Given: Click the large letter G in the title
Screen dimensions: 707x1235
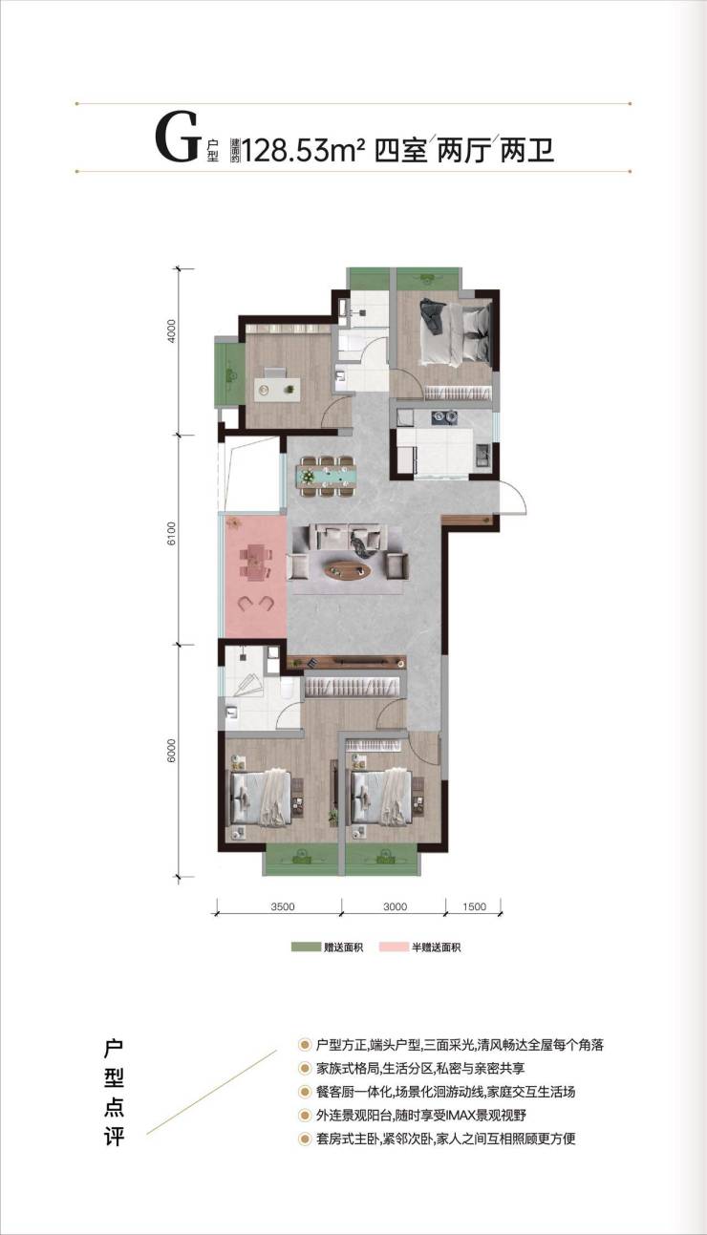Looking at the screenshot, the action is click(177, 137).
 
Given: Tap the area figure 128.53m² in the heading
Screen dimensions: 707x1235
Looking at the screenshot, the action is click(304, 150).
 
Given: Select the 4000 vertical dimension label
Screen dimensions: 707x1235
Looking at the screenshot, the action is click(172, 330).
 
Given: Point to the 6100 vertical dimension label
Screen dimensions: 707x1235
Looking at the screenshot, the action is click(172, 534).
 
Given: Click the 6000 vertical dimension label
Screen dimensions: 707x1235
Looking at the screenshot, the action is click(172, 751).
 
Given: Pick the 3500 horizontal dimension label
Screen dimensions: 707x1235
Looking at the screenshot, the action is click(283, 906).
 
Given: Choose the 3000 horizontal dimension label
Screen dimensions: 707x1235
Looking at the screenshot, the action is click(395, 906).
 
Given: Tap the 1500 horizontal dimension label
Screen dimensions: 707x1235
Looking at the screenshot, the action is click(474, 906).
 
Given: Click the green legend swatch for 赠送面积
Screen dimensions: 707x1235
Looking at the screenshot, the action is click(306, 948).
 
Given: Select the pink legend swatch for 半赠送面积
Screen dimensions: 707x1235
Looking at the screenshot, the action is click(394, 948).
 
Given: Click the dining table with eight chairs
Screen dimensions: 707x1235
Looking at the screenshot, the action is click(327, 476).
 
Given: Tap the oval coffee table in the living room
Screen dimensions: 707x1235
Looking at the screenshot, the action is click(348, 570).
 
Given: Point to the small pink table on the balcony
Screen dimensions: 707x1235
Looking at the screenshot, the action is click(255, 563).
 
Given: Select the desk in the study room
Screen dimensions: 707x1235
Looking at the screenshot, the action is click(277, 390).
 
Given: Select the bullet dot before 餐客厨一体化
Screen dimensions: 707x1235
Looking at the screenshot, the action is click(304, 1092).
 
